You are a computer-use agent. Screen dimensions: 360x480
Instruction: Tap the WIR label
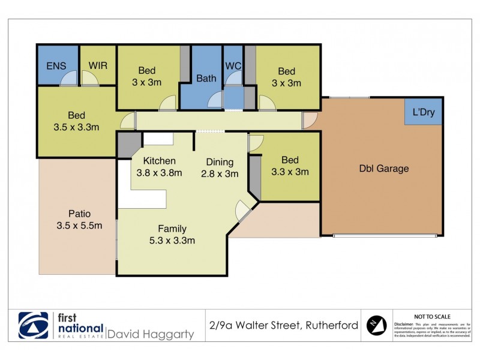98,65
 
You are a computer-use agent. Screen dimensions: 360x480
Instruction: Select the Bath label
206,78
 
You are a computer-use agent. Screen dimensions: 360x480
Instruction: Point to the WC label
233,65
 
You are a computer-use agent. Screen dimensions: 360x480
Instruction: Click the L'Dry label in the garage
424,112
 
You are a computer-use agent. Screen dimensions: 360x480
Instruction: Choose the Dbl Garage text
384,169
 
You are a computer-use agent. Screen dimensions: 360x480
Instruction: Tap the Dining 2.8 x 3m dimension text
220,174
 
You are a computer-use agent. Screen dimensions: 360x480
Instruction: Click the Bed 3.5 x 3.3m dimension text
76,127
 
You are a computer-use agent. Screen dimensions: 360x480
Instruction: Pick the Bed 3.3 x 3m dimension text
290,172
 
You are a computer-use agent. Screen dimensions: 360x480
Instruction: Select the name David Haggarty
150,334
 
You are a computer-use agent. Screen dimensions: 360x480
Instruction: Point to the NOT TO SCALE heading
433,316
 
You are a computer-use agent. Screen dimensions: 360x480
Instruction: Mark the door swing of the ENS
71,79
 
